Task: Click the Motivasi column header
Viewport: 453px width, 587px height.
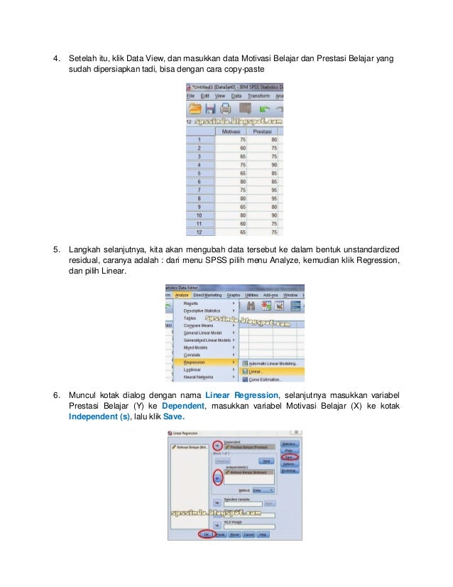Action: tap(230, 131)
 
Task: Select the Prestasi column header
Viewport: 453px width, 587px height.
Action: tap(263, 131)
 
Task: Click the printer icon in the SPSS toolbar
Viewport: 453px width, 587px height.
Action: tap(225, 109)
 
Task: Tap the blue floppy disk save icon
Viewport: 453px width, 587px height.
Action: tap(210, 109)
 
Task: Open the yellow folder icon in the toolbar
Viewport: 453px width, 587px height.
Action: tap(194, 109)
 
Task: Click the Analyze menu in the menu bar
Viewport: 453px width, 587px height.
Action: tap(182, 295)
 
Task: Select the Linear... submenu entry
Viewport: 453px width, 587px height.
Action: tap(253, 371)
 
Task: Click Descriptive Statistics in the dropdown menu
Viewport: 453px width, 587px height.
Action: tap(202, 311)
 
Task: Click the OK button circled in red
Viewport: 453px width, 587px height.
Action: tap(207, 534)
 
